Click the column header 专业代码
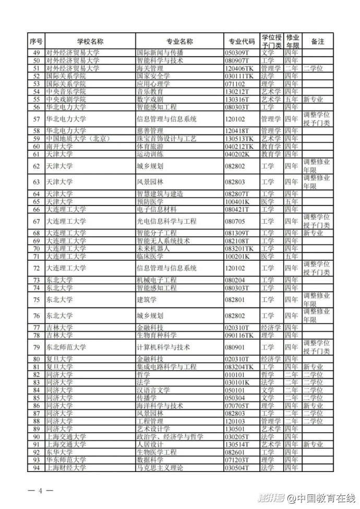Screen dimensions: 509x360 pos(242,41)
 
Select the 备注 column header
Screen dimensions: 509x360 pos(317,41)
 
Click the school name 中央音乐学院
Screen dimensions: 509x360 pos(66,91)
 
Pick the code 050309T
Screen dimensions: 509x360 pos(237,53)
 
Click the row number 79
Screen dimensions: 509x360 pos(37,347)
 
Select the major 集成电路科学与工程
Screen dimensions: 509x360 pos(166,367)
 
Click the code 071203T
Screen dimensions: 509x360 pos(237,460)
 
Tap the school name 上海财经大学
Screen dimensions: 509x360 pos(66,468)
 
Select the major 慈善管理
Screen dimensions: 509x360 pos(149,131)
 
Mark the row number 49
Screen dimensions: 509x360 pos(37,53)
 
